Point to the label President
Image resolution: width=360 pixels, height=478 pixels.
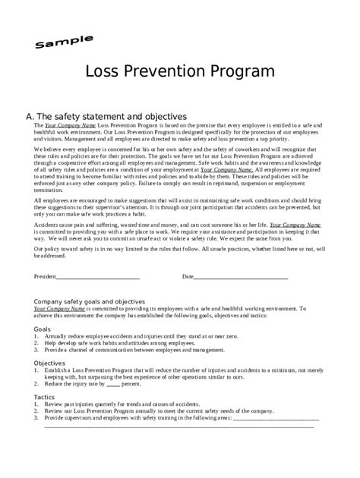pos(46,277)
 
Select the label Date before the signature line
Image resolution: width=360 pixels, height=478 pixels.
pos(188,277)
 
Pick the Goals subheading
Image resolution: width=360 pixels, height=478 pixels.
pos(43,329)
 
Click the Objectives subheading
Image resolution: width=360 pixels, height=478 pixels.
pos(49,363)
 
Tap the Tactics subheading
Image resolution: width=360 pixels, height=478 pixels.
pos(45,397)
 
